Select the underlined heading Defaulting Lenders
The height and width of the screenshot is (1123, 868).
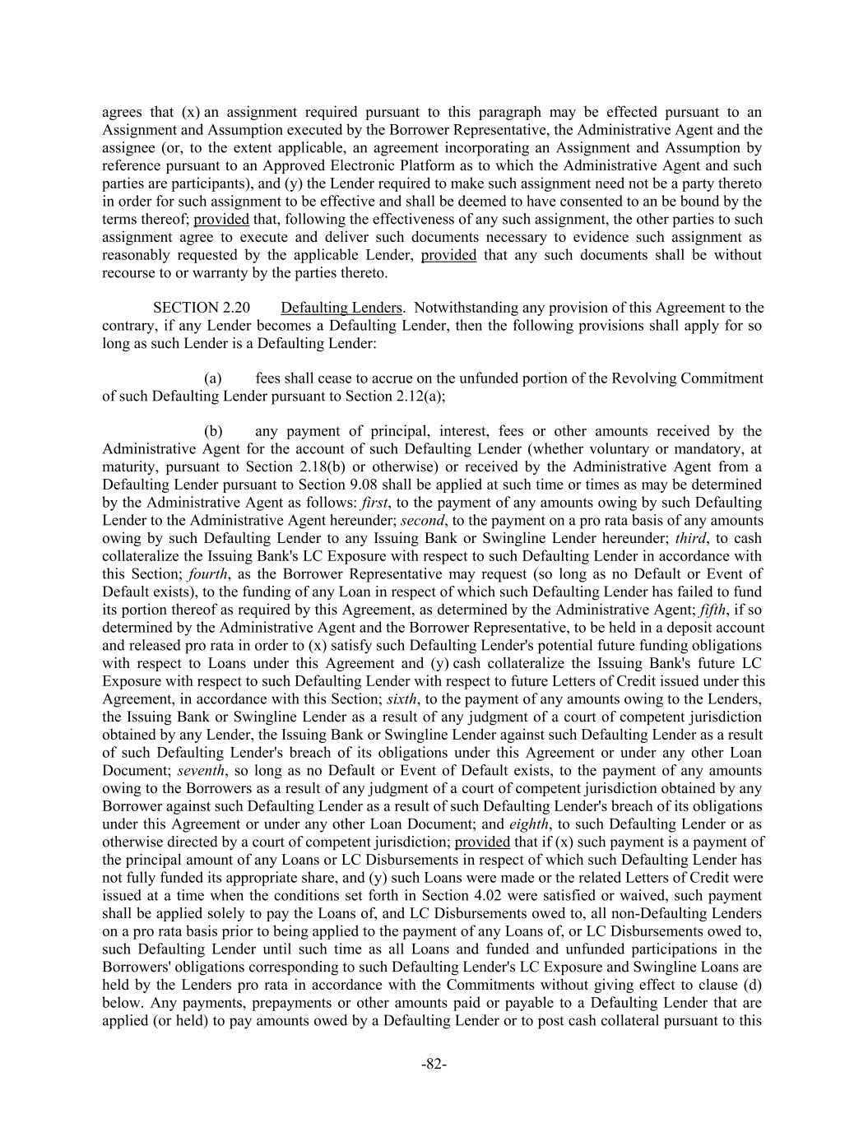tap(341, 308)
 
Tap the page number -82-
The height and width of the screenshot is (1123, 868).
tap(434, 1064)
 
